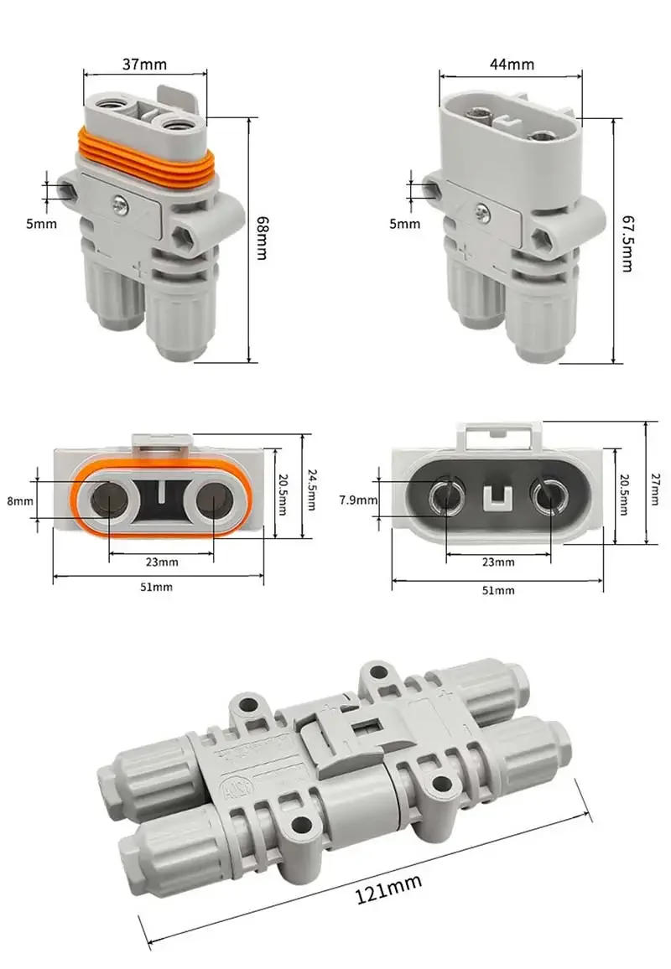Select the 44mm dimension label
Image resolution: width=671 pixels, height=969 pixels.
tap(511, 64)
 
